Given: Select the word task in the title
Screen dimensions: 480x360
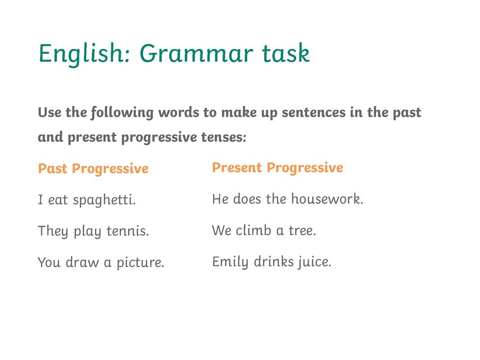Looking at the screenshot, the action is (286, 53).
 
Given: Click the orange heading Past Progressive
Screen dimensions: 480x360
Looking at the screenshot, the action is (94, 169).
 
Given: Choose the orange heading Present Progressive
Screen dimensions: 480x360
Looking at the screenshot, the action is (278, 168).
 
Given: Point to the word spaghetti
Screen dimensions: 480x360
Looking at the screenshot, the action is (104, 200).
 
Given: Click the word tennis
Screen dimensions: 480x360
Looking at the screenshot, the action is (128, 231).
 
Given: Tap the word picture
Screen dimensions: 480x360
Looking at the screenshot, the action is (140, 262).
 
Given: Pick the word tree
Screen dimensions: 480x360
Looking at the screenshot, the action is (302, 230).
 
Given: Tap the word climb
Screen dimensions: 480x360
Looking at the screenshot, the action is (254, 230).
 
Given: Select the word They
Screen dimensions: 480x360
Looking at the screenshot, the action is (53, 231).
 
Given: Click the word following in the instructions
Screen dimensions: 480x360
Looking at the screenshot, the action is (122, 113).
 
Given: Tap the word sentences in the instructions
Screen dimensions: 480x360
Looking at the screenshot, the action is (314, 113).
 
